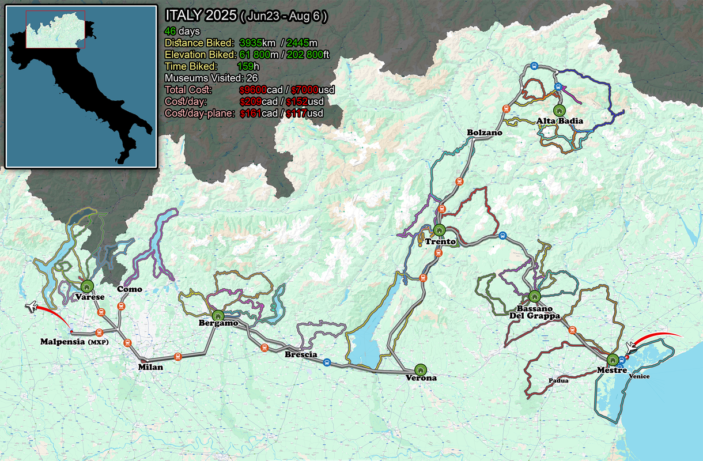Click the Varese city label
point(89,297)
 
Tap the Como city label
point(130,289)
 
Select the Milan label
point(151,367)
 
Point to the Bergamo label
point(218,323)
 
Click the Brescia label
point(301,355)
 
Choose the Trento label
point(440,242)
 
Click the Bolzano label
point(485,133)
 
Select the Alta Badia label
point(560,121)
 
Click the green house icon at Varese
point(87,285)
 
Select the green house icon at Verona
point(420,369)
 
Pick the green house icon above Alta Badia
point(557,109)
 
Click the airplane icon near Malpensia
point(32,307)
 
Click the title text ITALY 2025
point(200,15)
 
